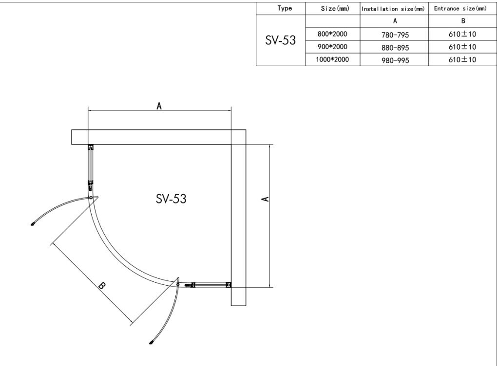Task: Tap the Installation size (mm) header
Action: pyautogui.click(x=393, y=8)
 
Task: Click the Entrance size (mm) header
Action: pyautogui.click(x=460, y=8)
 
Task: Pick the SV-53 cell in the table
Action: pyautogui.click(x=280, y=40)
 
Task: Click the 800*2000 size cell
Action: pyautogui.click(x=332, y=34)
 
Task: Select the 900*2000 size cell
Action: pyautogui.click(x=332, y=47)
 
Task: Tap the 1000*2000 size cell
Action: pyautogui.click(x=332, y=59)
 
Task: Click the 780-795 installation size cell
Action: pyautogui.click(x=395, y=35)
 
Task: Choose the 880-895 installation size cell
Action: pyautogui.click(x=395, y=47)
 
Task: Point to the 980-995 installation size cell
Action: pyautogui.click(x=395, y=60)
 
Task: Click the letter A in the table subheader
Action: pyautogui.click(x=395, y=21)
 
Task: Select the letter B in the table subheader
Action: pyautogui.click(x=462, y=21)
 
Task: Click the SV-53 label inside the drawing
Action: pyautogui.click(x=171, y=199)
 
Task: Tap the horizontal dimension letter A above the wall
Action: pyautogui.click(x=159, y=106)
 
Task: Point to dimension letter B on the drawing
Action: pyautogui.click(x=102, y=285)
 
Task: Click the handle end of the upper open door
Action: pyautogui.click(x=33, y=224)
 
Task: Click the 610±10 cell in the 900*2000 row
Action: pyautogui.click(x=462, y=47)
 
